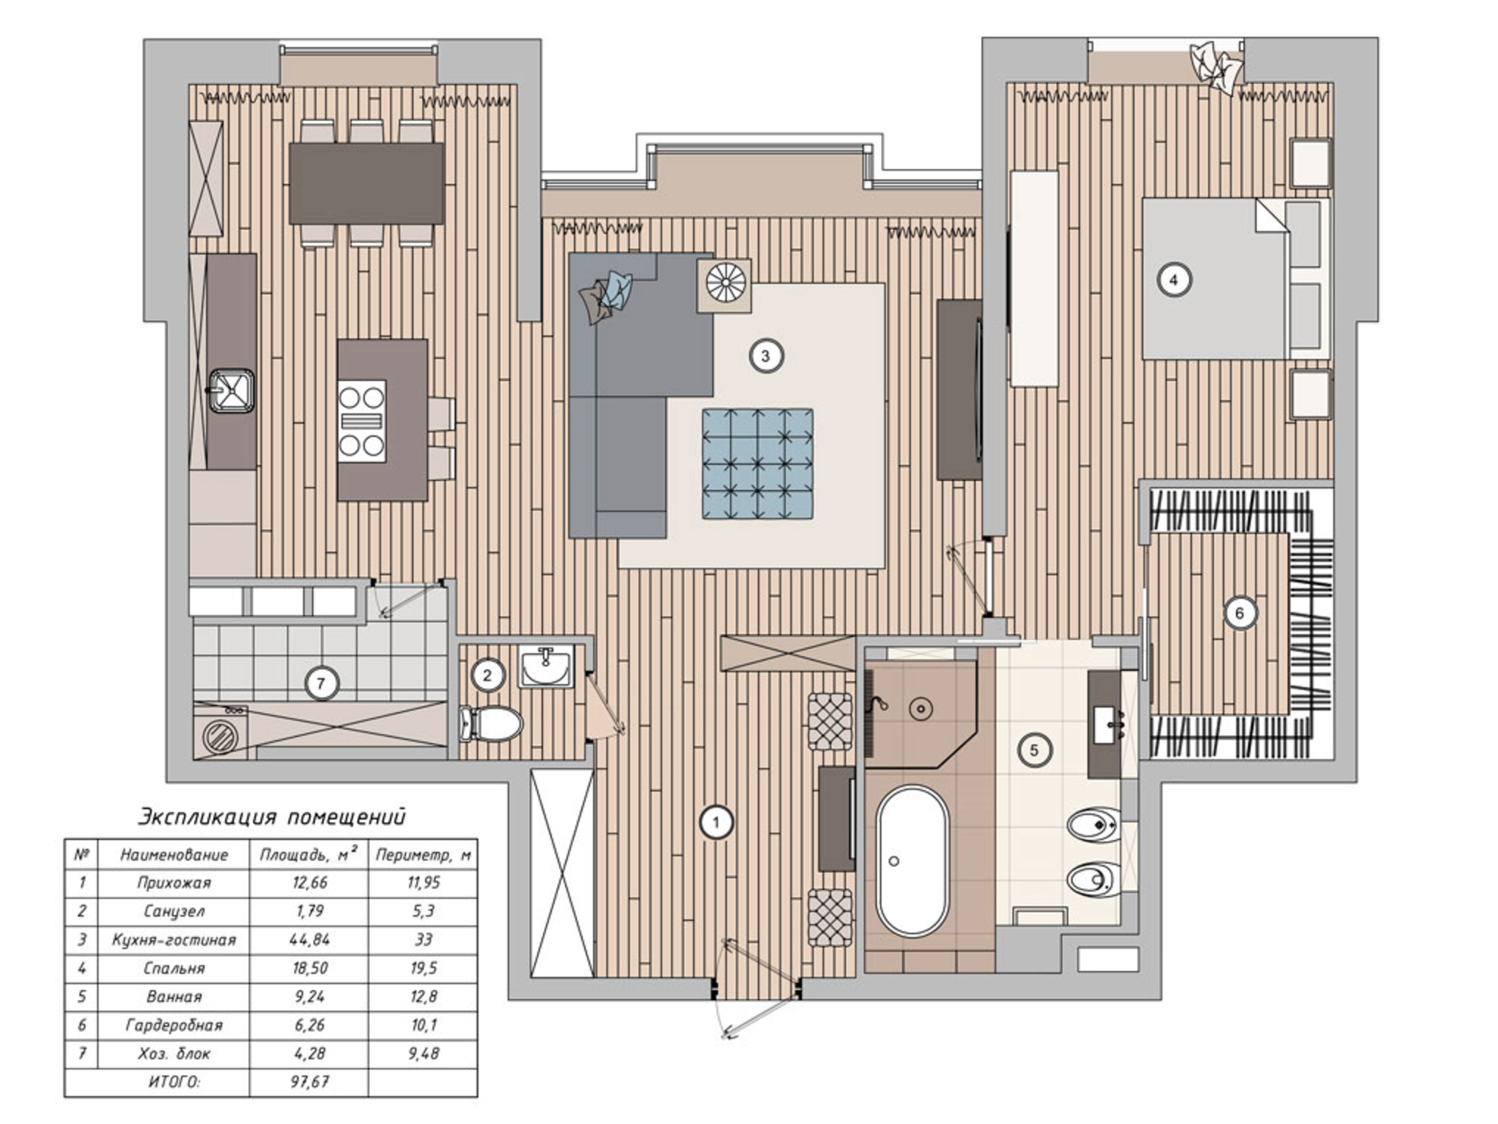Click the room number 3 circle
pyautogui.click(x=765, y=356)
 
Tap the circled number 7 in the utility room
pyautogui.click(x=321, y=684)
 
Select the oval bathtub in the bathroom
pyautogui.click(x=912, y=861)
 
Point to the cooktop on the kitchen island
pyautogui.click(x=361, y=421)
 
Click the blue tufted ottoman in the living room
pyautogui.click(x=757, y=464)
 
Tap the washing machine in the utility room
pyautogui.click(x=220, y=731)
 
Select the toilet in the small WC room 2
pyautogui.click(x=491, y=724)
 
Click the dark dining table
pyautogui.click(x=366, y=183)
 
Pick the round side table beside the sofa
pyautogui.click(x=725, y=284)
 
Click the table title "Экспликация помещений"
pyautogui.click(x=272, y=817)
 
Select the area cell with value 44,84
pyautogui.click(x=309, y=939)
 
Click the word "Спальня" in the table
pyautogui.click(x=174, y=968)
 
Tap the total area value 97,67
pyautogui.click(x=310, y=1081)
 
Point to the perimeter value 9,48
pyautogui.click(x=423, y=1053)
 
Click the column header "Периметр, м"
pyautogui.click(x=423, y=855)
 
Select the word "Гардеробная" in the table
pyautogui.click(x=174, y=1025)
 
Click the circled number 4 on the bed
pyautogui.click(x=1174, y=280)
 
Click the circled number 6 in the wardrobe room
pyautogui.click(x=1240, y=613)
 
